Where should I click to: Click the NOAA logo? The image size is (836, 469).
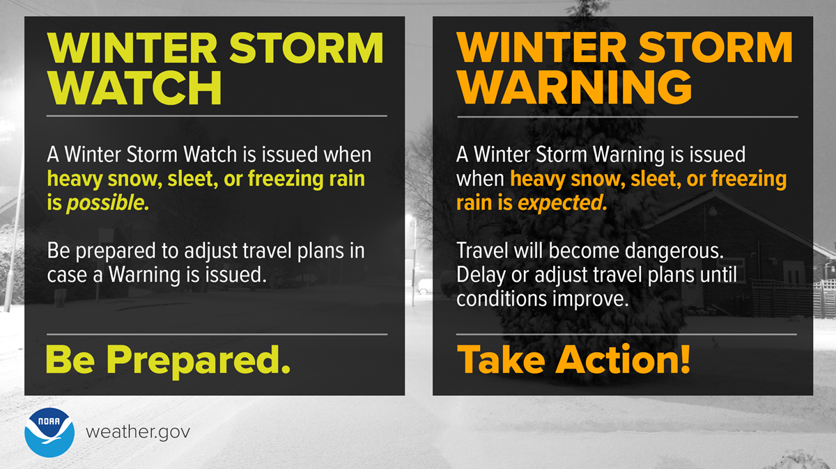tap(50, 431)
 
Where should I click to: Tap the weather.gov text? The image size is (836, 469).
tap(137, 431)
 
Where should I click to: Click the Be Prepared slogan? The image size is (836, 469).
tap(167, 360)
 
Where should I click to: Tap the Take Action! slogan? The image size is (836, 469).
tap(573, 360)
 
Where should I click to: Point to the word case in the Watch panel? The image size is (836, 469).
tap(65, 274)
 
